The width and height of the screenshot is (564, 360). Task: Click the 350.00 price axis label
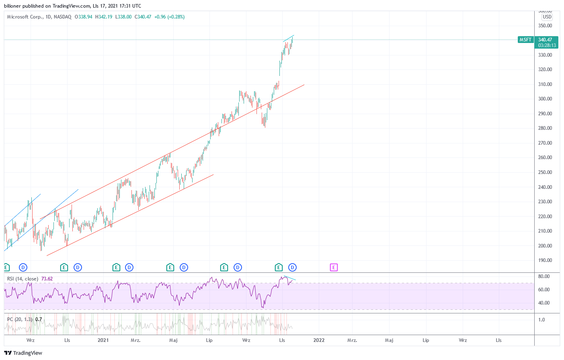click(x=545, y=26)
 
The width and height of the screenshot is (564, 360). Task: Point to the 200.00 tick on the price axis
click(x=545, y=246)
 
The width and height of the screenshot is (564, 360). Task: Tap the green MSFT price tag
click(x=525, y=40)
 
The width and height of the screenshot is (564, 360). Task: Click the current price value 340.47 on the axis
click(x=546, y=40)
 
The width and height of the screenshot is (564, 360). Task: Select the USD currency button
click(x=547, y=17)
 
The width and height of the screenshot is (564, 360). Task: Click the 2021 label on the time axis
click(x=103, y=340)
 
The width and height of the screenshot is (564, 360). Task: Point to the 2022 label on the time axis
click(x=319, y=340)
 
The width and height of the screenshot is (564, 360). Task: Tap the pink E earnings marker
click(x=334, y=267)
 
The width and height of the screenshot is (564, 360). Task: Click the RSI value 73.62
click(x=47, y=279)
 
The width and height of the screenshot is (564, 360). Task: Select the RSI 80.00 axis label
click(x=544, y=276)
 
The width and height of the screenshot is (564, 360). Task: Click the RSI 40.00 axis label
click(x=544, y=303)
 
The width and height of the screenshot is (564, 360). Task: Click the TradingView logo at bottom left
click(x=23, y=353)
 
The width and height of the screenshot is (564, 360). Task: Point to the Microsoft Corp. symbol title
click(x=24, y=17)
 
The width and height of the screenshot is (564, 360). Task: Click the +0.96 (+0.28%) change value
click(x=170, y=17)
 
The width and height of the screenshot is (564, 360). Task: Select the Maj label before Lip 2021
click(x=173, y=340)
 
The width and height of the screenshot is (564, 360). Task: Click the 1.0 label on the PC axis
click(x=542, y=320)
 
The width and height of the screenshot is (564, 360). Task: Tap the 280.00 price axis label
click(x=545, y=128)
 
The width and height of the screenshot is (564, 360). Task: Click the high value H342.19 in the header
click(x=104, y=17)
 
